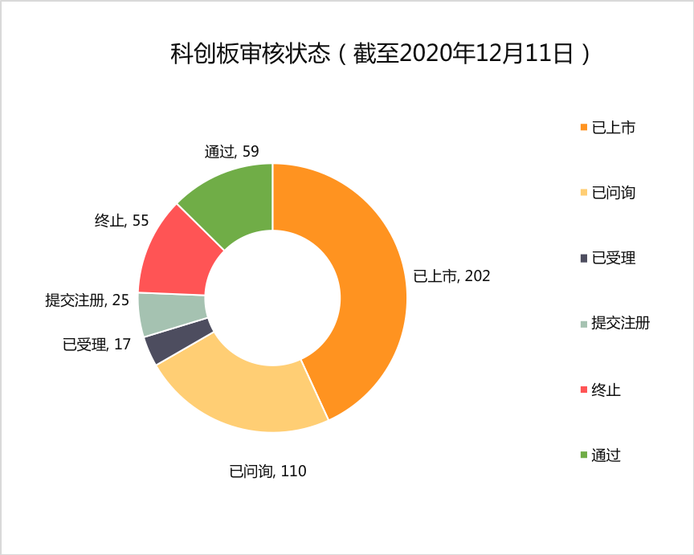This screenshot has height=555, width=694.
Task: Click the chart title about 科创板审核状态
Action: click(x=382, y=54)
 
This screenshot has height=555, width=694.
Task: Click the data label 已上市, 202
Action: click(x=451, y=276)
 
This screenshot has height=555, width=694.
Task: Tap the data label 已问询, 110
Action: click(x=267, y=471)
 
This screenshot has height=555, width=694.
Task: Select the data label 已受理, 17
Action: click(x=96, y=345)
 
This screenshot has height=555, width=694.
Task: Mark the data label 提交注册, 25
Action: click(x=87, y=300)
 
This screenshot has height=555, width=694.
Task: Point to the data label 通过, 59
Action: click(x=231, y=151)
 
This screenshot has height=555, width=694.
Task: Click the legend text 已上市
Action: click(x=613, y=127)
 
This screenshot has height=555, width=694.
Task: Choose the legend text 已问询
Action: click(x=613, y=193)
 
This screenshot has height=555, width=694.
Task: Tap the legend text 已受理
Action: click(x=613, y=258)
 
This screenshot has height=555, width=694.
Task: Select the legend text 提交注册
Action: click(x=620, y=324)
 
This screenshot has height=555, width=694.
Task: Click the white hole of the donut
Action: click(x=272, y=297)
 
